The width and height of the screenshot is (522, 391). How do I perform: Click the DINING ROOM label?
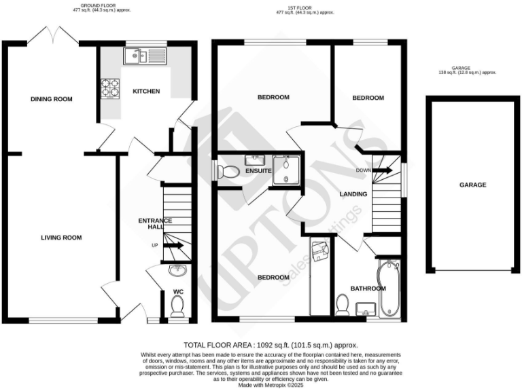pyautogui.click(x=52, y=99)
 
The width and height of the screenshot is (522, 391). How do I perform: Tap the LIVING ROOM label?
pyautogui.click(x=61, y=238)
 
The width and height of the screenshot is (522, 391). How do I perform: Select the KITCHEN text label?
pyautogui.click(x=146, y=92)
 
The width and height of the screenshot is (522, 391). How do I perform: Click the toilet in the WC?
pyautogui.click(x=178, y=309)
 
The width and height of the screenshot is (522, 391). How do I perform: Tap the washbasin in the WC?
pyautogui.click(x=177, y=272)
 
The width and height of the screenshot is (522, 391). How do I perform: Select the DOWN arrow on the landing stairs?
pyautogui.click(x=382, y=171)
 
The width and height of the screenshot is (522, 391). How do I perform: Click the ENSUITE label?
pyautogui.click(x=259, y=171)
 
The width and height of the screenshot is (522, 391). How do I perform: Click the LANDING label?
pyautogui.click(x=353, y=195)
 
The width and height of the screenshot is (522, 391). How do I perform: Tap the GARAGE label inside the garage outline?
pyautogui.click(x=472, y=185)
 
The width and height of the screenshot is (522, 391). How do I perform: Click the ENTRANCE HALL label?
pyautogui.click(x=155, y=225)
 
